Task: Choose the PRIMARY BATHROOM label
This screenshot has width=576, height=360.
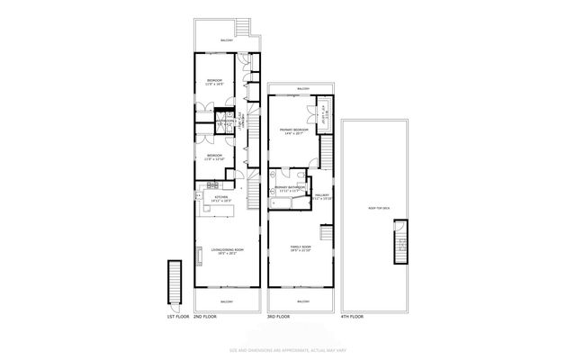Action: (x=290, y=188)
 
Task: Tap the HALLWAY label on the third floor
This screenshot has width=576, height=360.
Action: (x=322, y=193)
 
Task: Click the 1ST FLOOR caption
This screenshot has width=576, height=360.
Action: (x=176, y=317)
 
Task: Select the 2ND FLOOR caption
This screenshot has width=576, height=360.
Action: (x=205, y=317)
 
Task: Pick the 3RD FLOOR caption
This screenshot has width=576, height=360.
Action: (x=278, y=317)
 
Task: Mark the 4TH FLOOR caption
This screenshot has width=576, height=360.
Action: (x=352, y=317)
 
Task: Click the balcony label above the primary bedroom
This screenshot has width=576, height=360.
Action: (x=303, y=88)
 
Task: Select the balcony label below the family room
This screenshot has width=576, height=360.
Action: (x=303, y=301)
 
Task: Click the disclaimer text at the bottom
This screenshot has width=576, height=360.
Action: (x=287, y=349)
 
